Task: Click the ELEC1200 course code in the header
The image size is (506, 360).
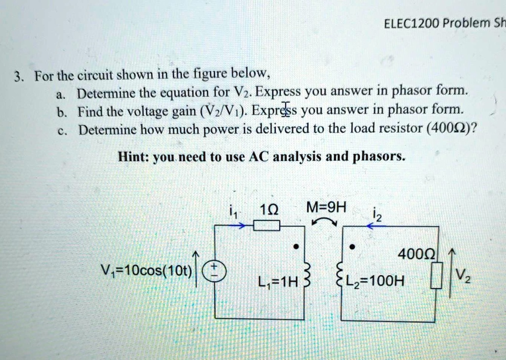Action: click(410, 23)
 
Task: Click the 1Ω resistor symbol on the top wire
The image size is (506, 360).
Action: click(266, 226)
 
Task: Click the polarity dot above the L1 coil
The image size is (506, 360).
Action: click(295, 246)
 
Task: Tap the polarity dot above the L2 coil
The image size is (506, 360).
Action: click(351, 246)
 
